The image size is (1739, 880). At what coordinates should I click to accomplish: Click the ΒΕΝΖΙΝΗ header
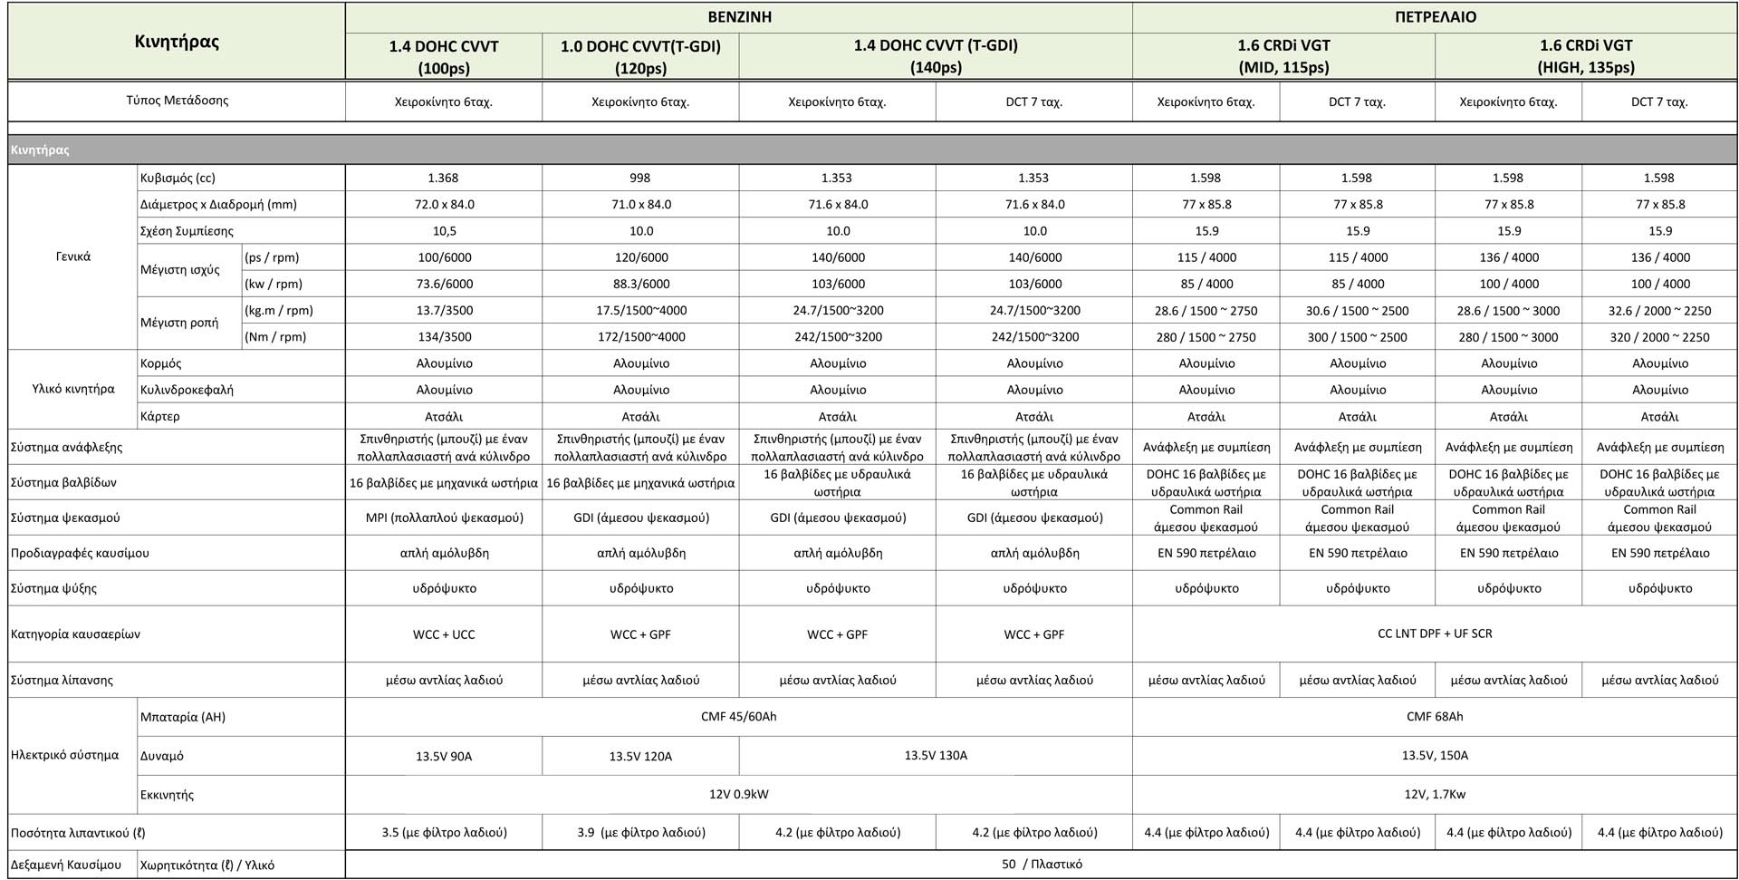coord(739,17)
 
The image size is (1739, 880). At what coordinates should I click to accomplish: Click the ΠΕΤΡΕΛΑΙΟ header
coord(1435,17)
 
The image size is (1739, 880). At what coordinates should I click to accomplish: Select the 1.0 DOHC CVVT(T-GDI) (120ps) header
coord(640,56)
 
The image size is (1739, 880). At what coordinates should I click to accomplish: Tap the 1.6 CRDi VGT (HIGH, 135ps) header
coord(1585,56)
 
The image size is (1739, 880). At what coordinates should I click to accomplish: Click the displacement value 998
coord(640,178)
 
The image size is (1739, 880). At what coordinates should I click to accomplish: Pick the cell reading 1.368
coord(444,178)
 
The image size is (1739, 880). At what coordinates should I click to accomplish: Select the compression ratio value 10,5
coord(444,231)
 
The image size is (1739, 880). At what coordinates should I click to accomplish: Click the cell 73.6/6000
coord(444,284)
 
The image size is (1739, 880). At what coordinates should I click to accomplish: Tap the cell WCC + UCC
coord(444,634)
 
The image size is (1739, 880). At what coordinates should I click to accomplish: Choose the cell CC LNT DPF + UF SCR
coord(1435,633)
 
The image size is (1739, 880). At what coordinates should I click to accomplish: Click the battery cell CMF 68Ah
coord(1435,717)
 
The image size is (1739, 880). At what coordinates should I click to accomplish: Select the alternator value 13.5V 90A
coord(444,756)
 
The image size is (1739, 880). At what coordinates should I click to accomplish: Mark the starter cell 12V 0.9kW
coord(739,795)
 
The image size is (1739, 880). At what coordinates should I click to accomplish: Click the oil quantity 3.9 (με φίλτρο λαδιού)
coord(640,832)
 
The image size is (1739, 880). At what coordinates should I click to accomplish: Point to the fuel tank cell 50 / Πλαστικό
coord(1042,865)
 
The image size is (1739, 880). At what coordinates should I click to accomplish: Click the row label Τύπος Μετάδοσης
coord(178,101)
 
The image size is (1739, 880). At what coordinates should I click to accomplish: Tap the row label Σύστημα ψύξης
coord(53,588)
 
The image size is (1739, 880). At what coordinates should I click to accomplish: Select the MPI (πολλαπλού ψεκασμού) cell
coord(444,517)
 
